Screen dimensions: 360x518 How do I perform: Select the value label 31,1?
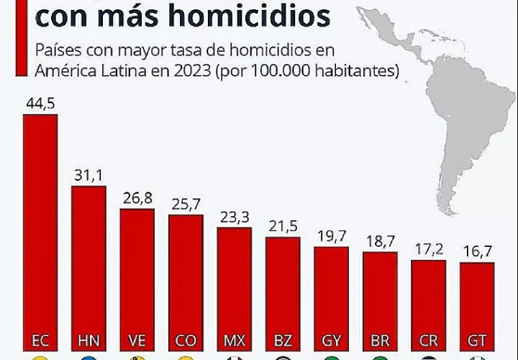click(x=88, y=175)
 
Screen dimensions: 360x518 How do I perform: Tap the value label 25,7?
click(x=186, y=204)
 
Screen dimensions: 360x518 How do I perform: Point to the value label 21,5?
click(x=283, y=225)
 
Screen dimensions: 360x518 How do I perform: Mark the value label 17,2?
click(x=429, y=248)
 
